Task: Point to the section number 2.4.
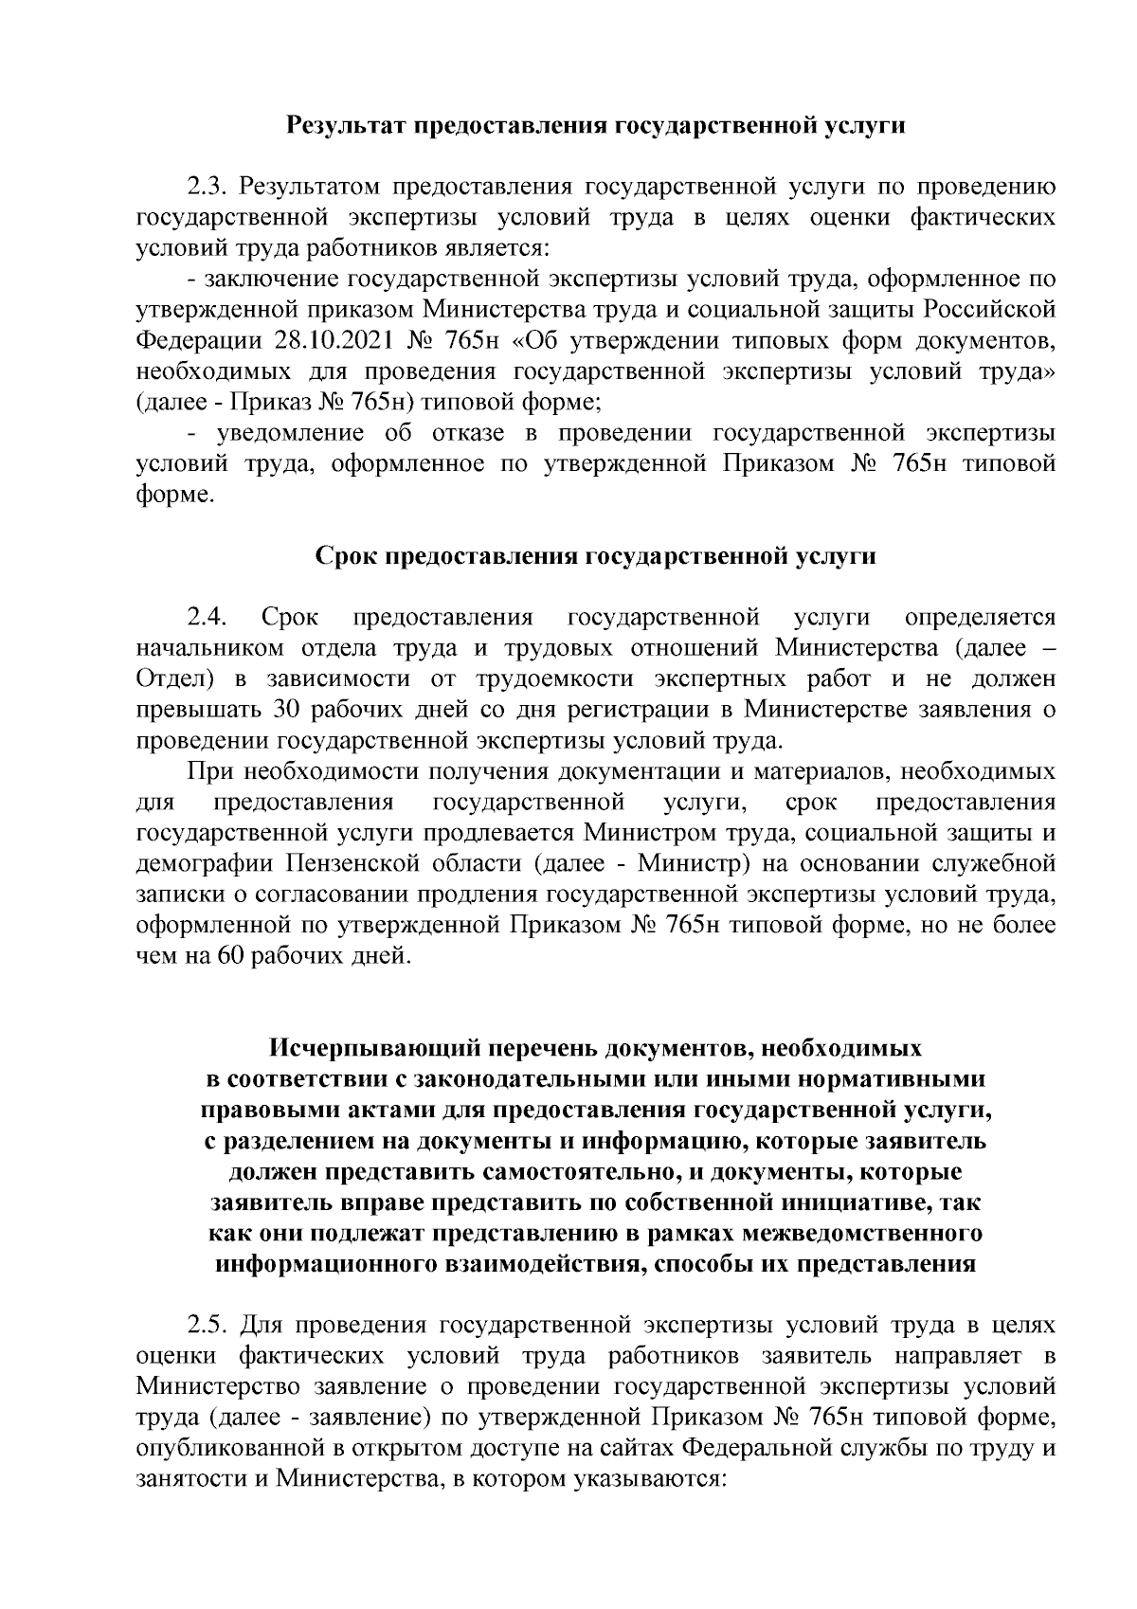coord(206,618)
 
